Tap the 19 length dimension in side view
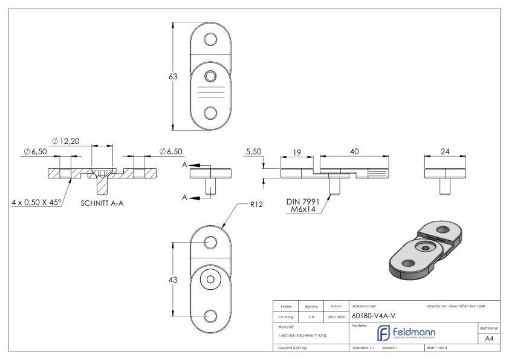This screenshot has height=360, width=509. point(297,153)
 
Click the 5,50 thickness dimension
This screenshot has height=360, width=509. point(253,153)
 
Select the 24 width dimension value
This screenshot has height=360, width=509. point(444,153)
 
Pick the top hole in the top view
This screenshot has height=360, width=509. point(210,41)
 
